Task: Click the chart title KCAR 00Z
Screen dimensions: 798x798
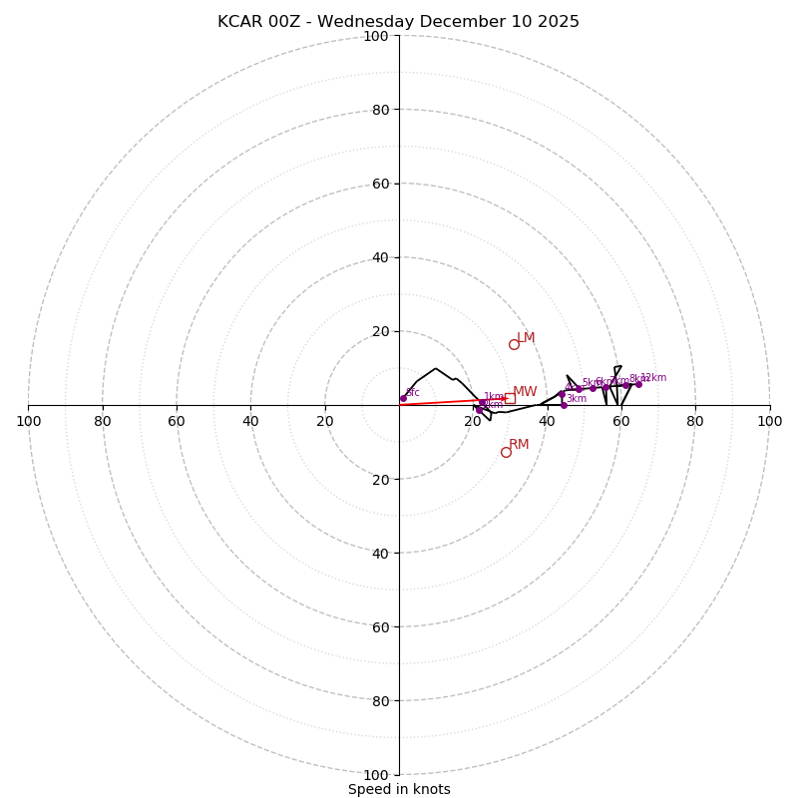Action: pyautogui.click(x=398, y=22)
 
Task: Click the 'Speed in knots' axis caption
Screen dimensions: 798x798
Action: pyautogui.click(x=399, y=789)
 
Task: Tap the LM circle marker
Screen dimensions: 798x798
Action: pyautogui.click(x=514, y=344)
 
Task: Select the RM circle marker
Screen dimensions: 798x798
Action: pyautogui.click(x=506, y=452)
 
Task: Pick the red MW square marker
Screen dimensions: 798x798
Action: pyautogui.click(x=510, y=398)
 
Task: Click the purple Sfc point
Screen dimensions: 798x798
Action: pyautogui.click(x=403, y=398)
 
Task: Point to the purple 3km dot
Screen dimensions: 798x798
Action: pyautogui.click(x=564, y=405)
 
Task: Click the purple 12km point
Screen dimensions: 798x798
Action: pyautogui.click(x=638, y=384)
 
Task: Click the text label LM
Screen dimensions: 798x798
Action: pyautogui.click(x=526, y=338)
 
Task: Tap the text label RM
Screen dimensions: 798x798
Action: pyautogui.click(x=519, y=445)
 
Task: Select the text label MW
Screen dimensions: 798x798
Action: pyautogui.click(x=525, y=392)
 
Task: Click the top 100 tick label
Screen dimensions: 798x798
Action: pyautogui.click(x=376, y=36)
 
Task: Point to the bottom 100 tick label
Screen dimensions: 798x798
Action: pyautogui.click(x=376, y=775)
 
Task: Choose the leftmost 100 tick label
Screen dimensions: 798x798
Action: pyautogui.click(x=29, y=421)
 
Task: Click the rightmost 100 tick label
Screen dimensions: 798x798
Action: pyautogui.click(x=769, y=421)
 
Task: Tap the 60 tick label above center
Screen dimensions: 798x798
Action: pyautogui.click(x=380, y=184)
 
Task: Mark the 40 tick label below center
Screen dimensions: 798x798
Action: pyautogui.click(x=380, y=553)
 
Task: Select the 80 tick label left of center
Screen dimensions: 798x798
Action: pyautogui.click(x=103, y=421)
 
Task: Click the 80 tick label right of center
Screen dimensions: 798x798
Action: pyautogui.click(x=695, y=421)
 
